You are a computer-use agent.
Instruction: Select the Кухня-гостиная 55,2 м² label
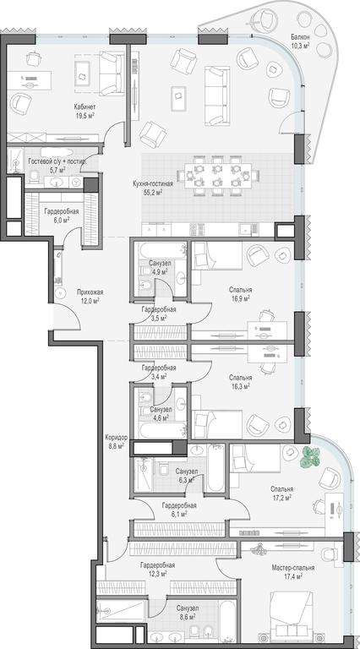(x=153, y=188)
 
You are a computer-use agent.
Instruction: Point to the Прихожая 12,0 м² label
(x=90, y=296)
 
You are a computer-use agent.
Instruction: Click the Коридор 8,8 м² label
(x=117, y=441)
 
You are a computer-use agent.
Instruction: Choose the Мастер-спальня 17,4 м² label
(x=293, y=571)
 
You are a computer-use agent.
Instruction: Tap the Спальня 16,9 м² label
(x=240, y=293)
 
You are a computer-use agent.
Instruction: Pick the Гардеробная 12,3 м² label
(x=157, y=569)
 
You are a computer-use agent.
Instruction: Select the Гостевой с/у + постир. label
(x=57, y=161)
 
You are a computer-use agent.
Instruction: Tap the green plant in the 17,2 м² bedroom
(x=310, y=457)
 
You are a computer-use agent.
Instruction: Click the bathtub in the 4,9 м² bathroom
(x=162, y=251)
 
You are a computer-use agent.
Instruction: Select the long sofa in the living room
(x=217, y=95)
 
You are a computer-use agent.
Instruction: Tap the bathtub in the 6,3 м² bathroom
(x=215, y=469)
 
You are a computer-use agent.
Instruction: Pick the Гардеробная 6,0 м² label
(x=61, y=215)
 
